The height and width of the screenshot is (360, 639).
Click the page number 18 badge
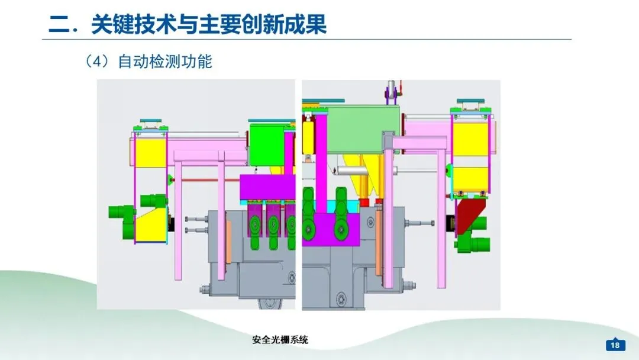[x=615, y=345]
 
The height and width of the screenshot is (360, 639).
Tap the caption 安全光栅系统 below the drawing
[x=280, y=340]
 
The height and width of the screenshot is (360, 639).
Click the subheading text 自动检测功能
[x=165, y=61]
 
